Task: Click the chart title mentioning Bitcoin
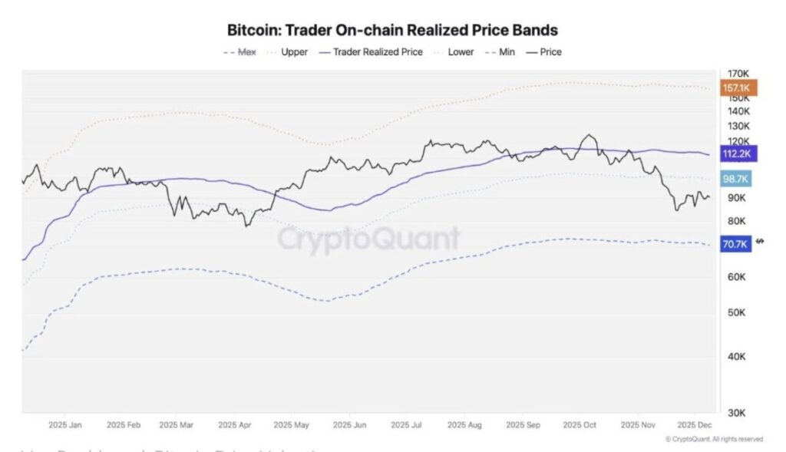pos(392,31)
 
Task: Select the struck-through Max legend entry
pos(239,52)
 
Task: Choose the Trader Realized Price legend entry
pos(370,52)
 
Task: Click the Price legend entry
pos(543,52)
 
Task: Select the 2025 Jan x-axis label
pos(64,424)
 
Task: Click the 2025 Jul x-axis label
pos(406,424)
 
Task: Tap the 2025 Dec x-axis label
pos(693,424)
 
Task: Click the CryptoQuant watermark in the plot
pos(368,239)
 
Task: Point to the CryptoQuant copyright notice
pos(714,439)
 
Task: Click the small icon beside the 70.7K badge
pos(760,242)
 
